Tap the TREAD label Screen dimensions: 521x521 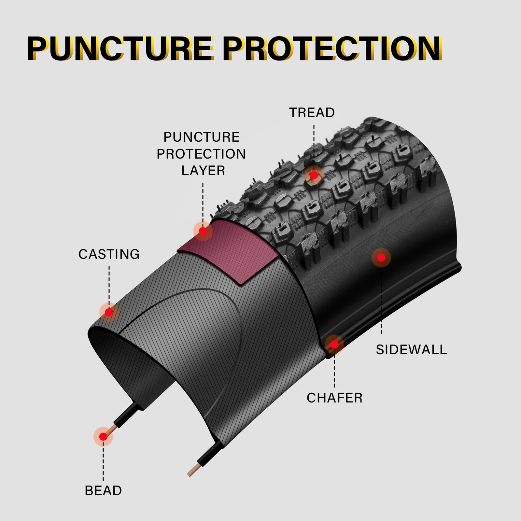312,113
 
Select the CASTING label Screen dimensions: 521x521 109,254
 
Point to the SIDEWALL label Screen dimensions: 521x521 412,350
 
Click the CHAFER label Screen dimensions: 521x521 334,398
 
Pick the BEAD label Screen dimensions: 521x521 103,491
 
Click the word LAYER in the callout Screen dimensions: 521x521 203,171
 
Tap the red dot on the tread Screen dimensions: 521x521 314,176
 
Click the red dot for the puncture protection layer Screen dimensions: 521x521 203,232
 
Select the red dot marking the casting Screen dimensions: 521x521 109,312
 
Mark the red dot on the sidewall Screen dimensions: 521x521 381,258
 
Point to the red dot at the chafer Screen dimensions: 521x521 334,345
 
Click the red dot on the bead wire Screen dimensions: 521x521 103,437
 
